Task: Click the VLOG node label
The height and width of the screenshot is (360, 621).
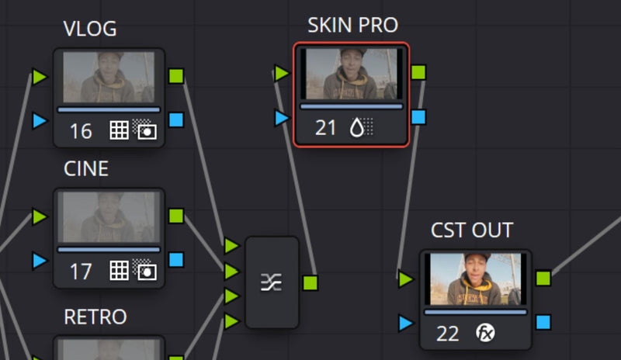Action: (x=90, y=29)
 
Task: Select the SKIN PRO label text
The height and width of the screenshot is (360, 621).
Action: (x=353, y=26)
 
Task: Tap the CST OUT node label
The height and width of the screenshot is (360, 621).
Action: (x=472, y=230)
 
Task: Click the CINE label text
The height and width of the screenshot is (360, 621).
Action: (x=86, y=168)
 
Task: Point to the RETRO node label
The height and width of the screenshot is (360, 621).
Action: (x=95, y=317)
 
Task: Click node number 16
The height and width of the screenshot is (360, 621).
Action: (x=81, y=131)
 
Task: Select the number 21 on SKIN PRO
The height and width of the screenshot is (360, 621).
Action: (x=325, y=128)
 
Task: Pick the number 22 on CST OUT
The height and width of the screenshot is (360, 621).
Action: (x=448, y=334)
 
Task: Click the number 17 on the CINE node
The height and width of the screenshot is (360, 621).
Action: (x=81, y=272)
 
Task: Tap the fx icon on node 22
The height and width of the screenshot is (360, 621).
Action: (x=485, y=332)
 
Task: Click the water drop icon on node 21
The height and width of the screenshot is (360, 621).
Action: (x=357, y=127)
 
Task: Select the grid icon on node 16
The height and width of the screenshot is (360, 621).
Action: (x=119, y=130)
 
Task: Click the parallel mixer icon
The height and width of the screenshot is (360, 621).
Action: (x=271, y=282)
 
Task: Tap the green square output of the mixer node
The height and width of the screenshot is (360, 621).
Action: (x=310, y=282)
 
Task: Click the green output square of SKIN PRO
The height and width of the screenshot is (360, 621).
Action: (x=418, y=72)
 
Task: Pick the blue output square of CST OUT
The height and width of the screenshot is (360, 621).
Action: (x=543, y=322)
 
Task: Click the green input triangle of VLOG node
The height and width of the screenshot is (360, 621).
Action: (x=40, y=77)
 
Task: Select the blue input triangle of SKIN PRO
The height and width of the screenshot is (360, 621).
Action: (x=282, y=118)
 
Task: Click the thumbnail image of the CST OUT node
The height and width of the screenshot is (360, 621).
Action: (x=476, y=279)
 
